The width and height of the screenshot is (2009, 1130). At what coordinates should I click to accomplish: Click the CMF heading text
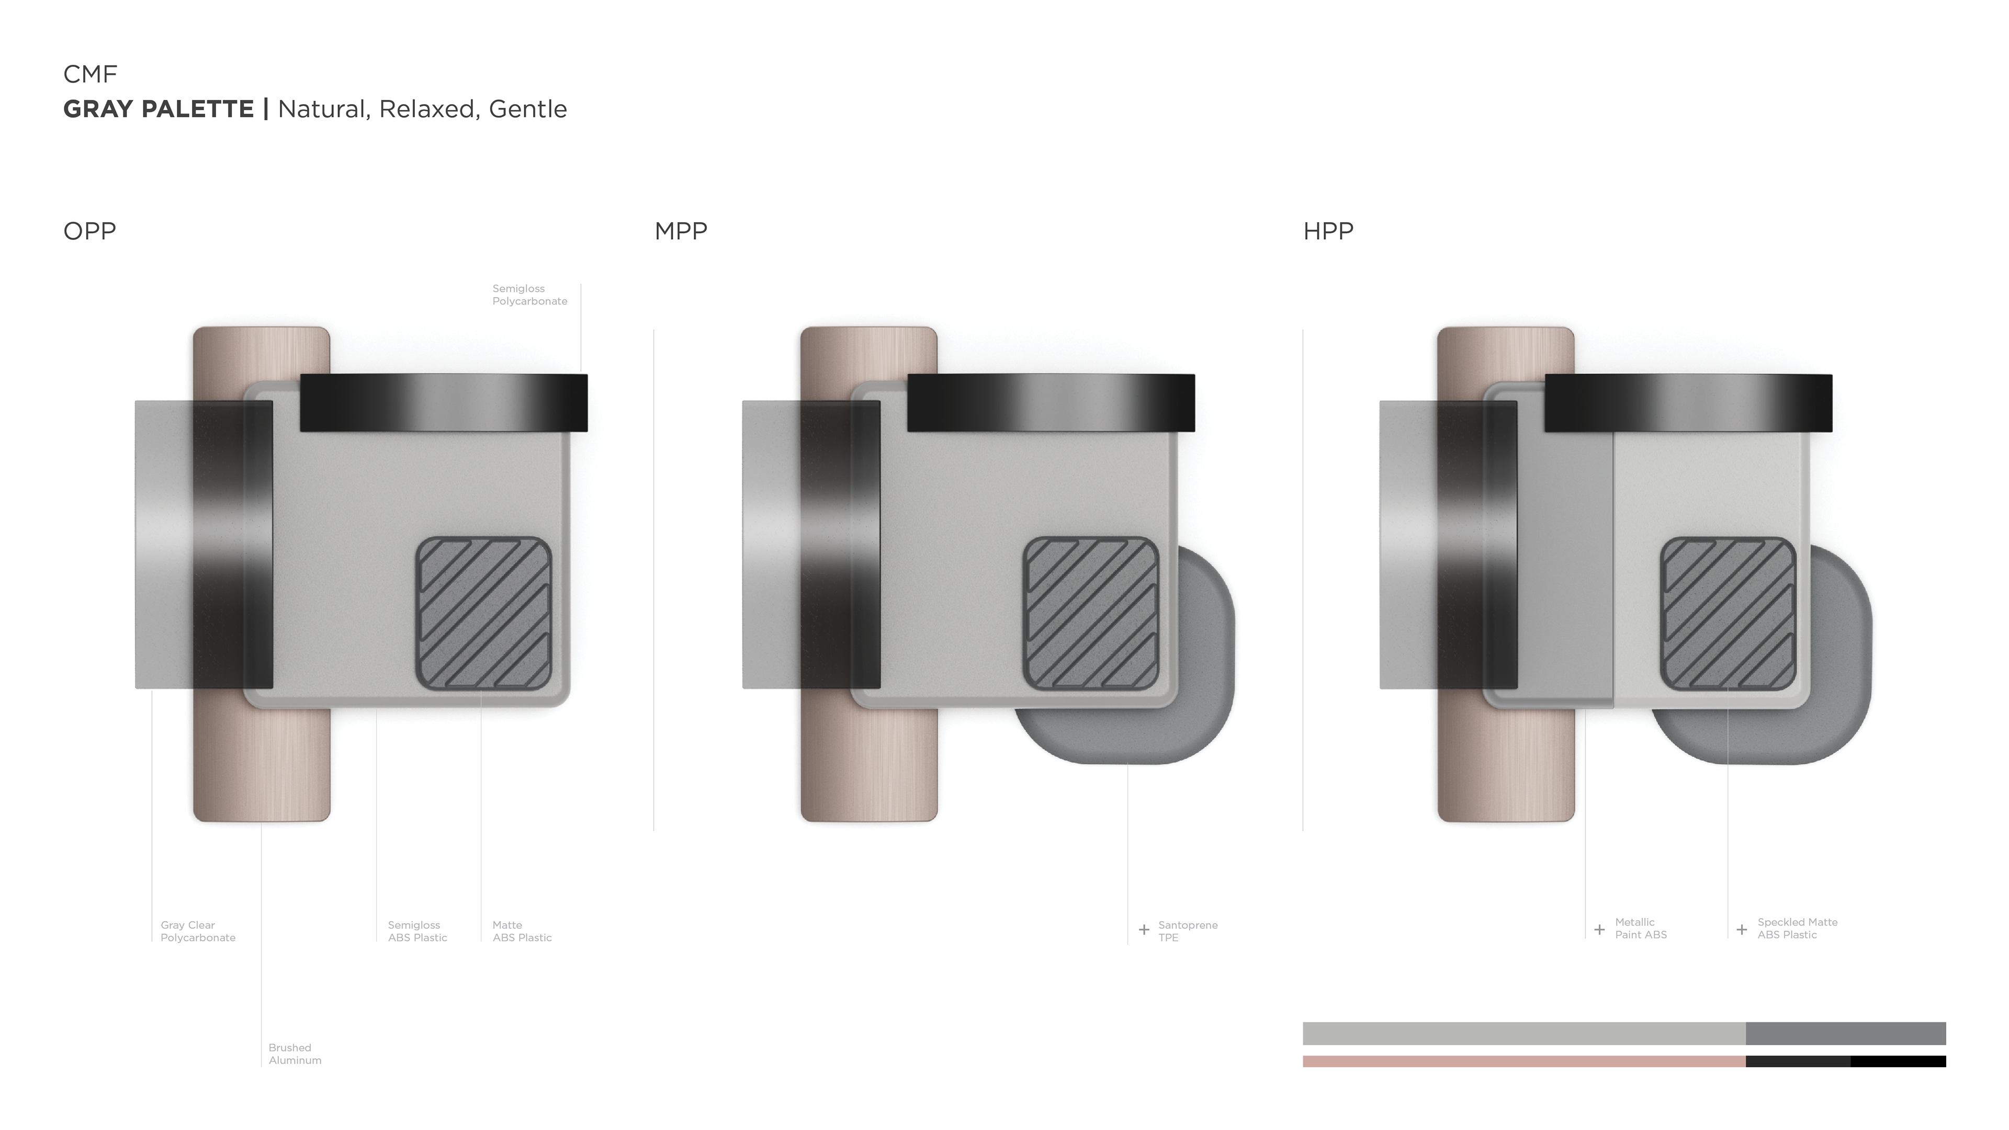pyautogui.click(x=89, y=74)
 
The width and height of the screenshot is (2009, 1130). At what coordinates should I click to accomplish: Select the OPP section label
pyautogui.click(x=89, y=231)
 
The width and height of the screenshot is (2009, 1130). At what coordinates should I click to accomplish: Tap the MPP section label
pyautogui.click(x=681, y=231)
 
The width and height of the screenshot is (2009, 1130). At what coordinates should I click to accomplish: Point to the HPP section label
pyautogui.click(x=1328, y=231)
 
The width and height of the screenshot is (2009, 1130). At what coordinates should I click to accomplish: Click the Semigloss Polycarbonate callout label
pyautogui.click(x=529, y=295)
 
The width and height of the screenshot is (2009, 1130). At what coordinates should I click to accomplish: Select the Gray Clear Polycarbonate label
pyautogui.click(x=198, y=931)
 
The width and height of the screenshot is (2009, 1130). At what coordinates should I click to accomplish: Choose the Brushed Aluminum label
pyautogui.click(x=295, y=1054)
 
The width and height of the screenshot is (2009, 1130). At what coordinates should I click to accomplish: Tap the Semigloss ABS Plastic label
pyautogui.click(x=417, y=931)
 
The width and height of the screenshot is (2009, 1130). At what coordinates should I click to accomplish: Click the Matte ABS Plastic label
pyautogui.click(x=522, y=931)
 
